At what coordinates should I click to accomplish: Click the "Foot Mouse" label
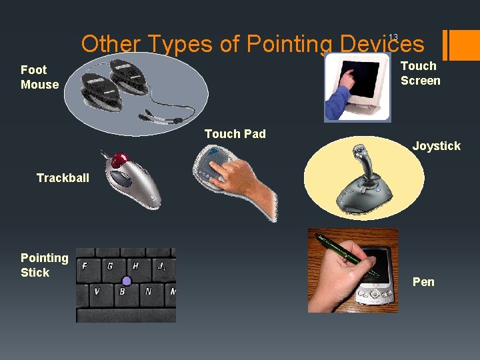(x=39, y=77)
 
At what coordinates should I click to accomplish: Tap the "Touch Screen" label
(x=420, y=73)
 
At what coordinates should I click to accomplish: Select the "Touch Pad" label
(x=235, y=134)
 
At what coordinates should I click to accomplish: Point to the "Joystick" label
(x=436, y=146)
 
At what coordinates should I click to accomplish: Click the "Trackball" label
(x=63, y=178)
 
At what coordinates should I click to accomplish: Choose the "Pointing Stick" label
(x=44, y=265)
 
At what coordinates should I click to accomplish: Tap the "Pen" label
(x=423, y=282)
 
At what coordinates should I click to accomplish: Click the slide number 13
(x=393, y=37)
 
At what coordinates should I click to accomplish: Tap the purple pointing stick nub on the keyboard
(x=127, y=281)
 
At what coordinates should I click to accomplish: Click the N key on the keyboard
(x=147, y=291)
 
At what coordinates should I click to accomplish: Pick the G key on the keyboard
(x=110, y=265)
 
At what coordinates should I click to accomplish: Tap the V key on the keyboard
(x=97, y=291)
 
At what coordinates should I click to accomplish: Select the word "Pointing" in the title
(x=289, y=44)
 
